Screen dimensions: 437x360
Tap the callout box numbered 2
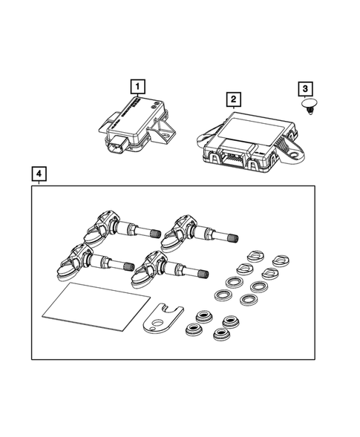[233, 99]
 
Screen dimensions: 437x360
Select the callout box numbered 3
[305, 88]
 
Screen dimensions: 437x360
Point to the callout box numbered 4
[41, 175]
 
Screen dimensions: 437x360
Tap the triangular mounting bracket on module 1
[163, 134]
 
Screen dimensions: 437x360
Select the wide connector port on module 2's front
[233, 157]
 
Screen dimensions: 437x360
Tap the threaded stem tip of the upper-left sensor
[155, 234]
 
